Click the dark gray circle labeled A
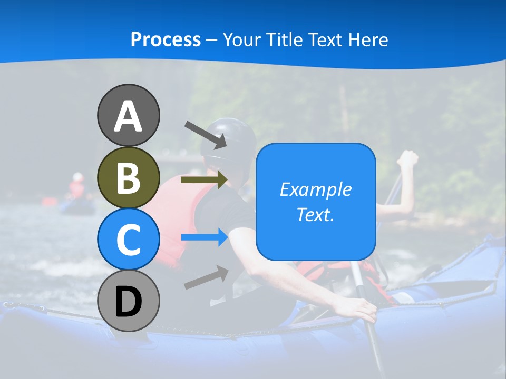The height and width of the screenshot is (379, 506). [x=128, y=115]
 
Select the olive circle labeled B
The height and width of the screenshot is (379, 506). [x=128, y=177]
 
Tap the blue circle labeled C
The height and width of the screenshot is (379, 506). [x=128, y=239]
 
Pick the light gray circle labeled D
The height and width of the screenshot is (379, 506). [x=128, y=301]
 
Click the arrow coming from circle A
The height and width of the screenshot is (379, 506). [x=206, y=135]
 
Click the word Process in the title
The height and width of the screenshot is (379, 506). [x=166, y=39]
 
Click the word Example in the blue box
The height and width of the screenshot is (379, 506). [x=315, y=189]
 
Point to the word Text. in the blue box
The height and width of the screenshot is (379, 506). [x=315, y=214]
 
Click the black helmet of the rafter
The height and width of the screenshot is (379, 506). [x=230, y=139]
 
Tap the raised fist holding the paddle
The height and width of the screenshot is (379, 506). [x=408, y=159]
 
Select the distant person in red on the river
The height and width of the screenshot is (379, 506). [x=77, y=185]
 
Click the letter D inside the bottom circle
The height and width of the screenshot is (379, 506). [x=128, y=302]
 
